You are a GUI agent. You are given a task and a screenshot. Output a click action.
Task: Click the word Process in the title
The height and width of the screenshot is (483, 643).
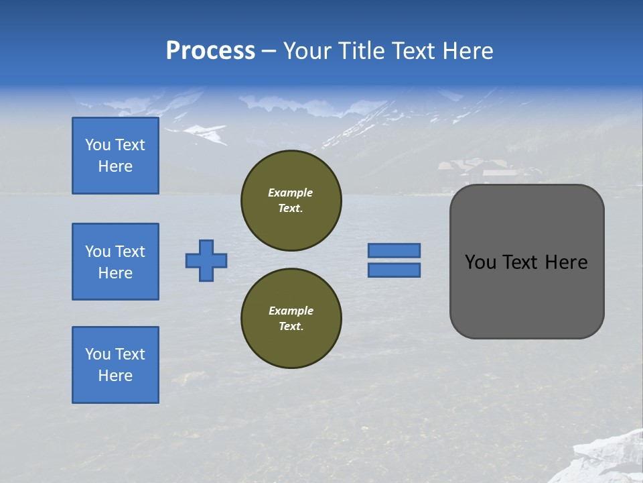point(210,51)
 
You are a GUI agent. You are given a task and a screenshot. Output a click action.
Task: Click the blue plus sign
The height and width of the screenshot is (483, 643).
point(206,260)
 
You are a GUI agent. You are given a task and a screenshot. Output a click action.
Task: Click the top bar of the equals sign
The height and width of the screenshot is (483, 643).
point(394,250)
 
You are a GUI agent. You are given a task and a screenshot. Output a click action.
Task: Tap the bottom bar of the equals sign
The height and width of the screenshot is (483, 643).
point(394,270)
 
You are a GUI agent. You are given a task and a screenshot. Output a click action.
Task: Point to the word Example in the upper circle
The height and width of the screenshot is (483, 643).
point(291,193)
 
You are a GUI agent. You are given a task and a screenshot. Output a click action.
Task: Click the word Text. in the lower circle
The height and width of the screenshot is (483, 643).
point(291,326)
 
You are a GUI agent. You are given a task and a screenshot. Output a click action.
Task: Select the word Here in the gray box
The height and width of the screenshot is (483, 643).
point(566,262)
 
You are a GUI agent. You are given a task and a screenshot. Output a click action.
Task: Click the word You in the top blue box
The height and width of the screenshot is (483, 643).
point(98,145)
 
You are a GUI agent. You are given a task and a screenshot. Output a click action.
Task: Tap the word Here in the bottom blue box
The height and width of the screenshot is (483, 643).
point(115,376)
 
